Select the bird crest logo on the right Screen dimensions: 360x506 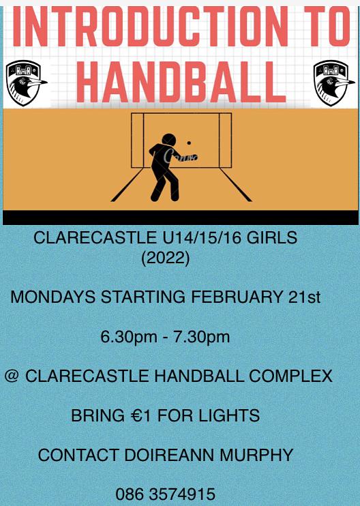click(334, 83)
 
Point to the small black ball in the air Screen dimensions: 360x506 click(189, 143)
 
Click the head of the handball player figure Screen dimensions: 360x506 click(168, 140)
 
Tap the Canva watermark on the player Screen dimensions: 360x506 click(181, 157)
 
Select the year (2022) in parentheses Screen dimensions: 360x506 click(165, 258)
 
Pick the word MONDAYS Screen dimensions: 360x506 click(53, 297)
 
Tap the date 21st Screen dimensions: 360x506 click(305, 297)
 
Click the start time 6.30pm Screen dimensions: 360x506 click(129, 337)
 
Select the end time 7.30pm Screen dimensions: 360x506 click(202, 337)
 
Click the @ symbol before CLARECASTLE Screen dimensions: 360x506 click(12, 376)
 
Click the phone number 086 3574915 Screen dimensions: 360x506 click(165, 494)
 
